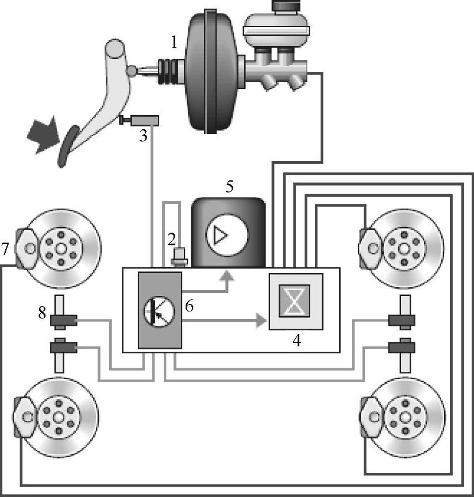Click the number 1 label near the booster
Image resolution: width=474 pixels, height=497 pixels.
pos(174,41)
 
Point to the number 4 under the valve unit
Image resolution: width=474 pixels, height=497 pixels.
pos(297,340)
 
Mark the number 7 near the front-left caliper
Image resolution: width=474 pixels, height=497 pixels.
pos(5,249)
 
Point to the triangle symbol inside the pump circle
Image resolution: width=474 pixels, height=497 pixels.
pos(219,236)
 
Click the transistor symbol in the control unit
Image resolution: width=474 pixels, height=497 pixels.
pos(159,311)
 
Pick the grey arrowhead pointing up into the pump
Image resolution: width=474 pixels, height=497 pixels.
pos(228,276)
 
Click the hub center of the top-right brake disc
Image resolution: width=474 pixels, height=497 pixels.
pos(404,248)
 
